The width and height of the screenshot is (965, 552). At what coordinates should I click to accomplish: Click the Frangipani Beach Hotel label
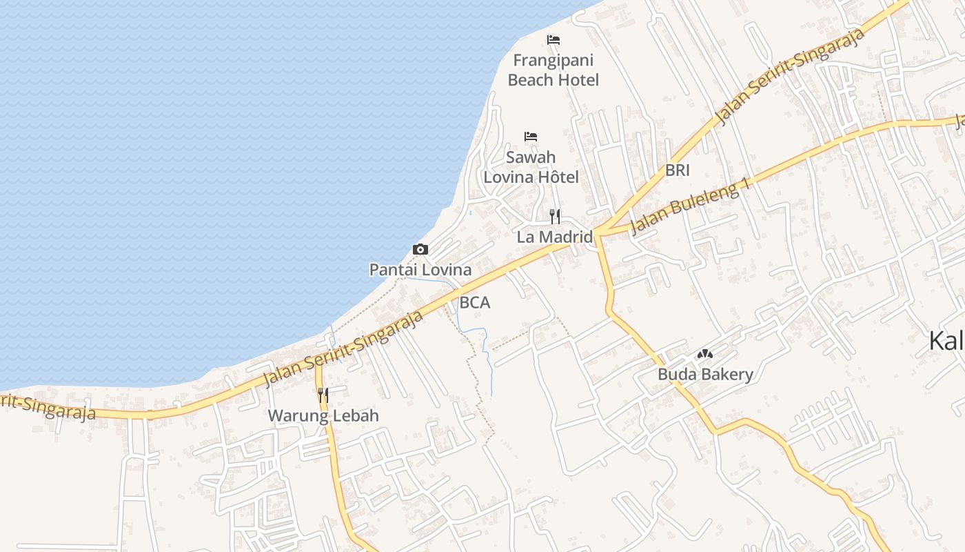(x=553, y=70)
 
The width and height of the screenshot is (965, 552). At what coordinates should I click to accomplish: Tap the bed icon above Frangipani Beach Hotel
(x=553, y=40)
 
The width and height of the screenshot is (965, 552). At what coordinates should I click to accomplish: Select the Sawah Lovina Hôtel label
(x=531, y=167)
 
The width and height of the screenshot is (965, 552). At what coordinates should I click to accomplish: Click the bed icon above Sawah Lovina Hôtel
(x=531, y=137)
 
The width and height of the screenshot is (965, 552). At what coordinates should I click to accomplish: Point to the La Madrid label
(x=555, y=237)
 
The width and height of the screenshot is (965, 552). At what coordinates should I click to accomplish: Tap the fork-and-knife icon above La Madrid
(x=555, y=217)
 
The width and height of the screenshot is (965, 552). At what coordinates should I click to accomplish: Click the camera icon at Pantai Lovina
(x=420, y=249)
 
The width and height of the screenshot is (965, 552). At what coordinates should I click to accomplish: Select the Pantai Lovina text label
(x=420, y=270)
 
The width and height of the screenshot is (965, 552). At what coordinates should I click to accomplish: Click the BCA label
(x=475, y=302)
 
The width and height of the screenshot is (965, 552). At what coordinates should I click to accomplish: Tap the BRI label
(x=678, y=170)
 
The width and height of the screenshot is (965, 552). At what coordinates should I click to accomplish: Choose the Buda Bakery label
(x=705, y=375)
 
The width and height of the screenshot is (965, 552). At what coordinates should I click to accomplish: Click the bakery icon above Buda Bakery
(x=704, y=354)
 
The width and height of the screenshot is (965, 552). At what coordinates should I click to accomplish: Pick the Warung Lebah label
(x=323, y=416)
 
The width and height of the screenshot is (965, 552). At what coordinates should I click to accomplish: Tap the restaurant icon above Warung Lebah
(x=323, y=395)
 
